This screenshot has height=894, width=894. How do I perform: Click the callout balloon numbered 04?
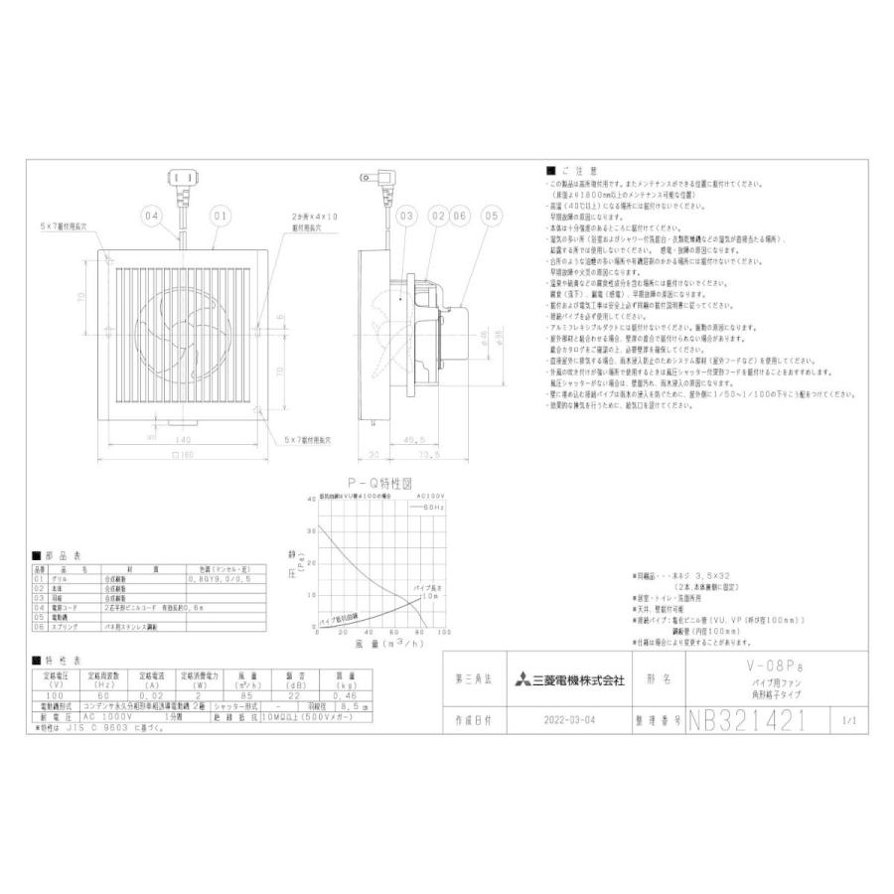151,215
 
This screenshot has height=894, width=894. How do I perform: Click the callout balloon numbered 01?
220,215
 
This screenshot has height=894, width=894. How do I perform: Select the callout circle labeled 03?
405,215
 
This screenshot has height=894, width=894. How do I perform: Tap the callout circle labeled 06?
460,215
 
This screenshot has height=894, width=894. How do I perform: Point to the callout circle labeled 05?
490,215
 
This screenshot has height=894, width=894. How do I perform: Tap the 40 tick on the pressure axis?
311,499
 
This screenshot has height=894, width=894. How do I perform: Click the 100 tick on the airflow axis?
442,633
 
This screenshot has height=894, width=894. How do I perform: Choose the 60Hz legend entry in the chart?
434,508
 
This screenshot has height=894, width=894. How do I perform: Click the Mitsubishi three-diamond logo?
522,681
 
